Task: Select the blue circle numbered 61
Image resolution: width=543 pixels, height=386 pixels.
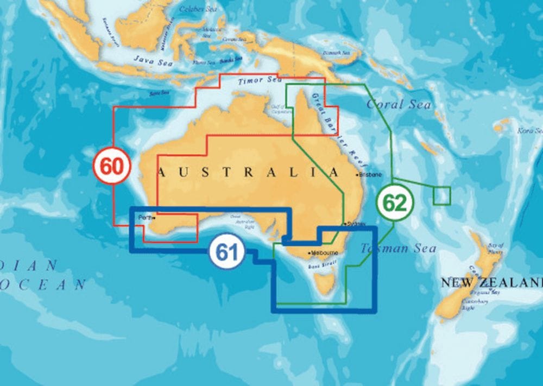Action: [226, 252]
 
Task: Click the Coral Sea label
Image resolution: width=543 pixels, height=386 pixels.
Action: [399, 104]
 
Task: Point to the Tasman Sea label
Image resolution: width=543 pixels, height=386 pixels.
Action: [399, 249]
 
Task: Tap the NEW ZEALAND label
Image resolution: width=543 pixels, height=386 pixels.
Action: [491, 282]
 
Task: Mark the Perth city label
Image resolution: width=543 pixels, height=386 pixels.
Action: [145, 218]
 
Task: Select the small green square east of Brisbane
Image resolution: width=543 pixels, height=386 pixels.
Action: [442, 196]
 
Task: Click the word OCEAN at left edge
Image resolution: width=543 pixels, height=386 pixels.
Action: [43, 284]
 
